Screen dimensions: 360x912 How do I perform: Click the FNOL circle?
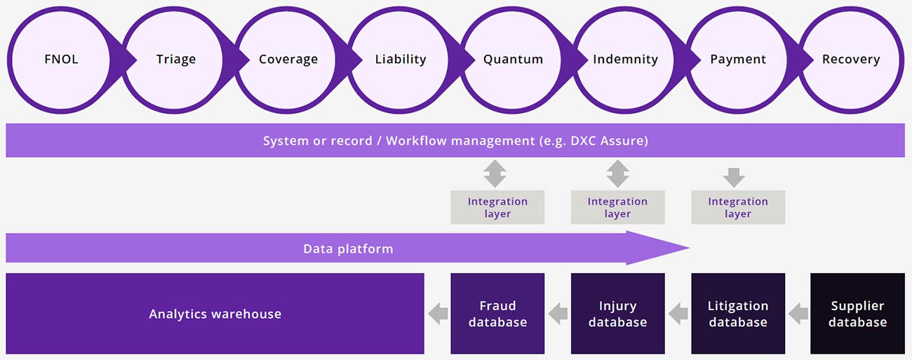point(61,60)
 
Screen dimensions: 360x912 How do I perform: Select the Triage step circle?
point(175,60)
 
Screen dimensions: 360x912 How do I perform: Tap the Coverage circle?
point(288,60)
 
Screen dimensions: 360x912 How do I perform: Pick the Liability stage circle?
point(401,60)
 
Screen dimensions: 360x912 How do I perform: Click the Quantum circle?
point(513,60)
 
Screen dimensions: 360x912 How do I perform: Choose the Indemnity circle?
point(625,60)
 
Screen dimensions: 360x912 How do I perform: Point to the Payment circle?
point(738,60)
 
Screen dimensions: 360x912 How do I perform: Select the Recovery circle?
point(850,60)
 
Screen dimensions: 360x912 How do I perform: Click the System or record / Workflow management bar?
point(455,141)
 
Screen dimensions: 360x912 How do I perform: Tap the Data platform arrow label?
point(348,248)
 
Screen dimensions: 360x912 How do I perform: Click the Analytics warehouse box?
point(215,314)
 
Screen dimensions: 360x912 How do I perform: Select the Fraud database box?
point(497,314)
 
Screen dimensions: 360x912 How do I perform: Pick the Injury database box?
point(617,314)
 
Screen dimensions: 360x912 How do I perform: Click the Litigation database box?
point(738,314)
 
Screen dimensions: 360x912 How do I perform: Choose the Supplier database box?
point(858,314)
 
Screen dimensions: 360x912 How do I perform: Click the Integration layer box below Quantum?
point(497,207)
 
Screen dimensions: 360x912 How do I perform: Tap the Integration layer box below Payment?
point(738,207)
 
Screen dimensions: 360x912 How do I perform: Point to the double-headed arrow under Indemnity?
point(617,173)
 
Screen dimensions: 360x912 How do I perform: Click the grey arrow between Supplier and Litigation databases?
point(798,314)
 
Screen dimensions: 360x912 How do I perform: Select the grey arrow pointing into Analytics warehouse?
point(438,314)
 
